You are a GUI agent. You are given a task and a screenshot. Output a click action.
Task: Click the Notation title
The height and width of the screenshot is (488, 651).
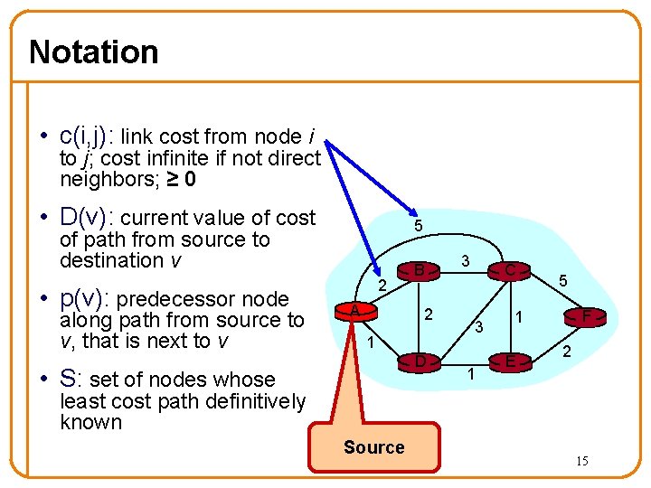pos(94,52)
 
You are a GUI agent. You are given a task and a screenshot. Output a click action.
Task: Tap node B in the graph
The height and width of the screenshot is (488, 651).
pos(420,268)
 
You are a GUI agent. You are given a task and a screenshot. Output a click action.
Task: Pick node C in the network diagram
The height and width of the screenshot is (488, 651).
pos(509,269)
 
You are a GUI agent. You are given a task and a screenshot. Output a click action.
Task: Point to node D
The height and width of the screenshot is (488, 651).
pos(420,361)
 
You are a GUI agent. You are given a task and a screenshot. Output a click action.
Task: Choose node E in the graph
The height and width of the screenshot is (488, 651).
pos(510,362)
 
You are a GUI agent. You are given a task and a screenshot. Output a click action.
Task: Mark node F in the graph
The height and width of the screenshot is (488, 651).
pos(586,316)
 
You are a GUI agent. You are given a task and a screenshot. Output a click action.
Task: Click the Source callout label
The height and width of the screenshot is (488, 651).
pos(373,447)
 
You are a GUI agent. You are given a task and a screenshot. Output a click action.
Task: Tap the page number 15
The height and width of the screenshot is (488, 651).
pos(582,462)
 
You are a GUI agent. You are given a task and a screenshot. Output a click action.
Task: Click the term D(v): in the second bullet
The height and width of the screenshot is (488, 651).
pos(87,218)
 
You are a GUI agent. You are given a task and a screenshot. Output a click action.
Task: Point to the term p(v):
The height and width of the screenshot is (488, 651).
pos(85,299)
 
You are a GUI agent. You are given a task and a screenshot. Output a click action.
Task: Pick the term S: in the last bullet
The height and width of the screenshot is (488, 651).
pos(71,380)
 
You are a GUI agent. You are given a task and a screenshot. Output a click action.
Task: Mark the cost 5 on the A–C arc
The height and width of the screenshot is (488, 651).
pos(416,225)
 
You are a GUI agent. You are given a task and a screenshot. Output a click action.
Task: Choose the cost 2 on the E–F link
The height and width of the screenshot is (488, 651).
pos(566,352)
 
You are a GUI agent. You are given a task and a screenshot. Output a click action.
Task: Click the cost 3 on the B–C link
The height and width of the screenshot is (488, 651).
pos(464,260)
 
